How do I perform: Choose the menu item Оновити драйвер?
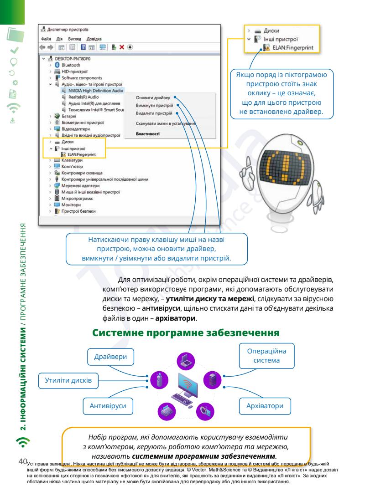(152, 97)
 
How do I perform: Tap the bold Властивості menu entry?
(147, 134)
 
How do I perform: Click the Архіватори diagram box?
(266, 404)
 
